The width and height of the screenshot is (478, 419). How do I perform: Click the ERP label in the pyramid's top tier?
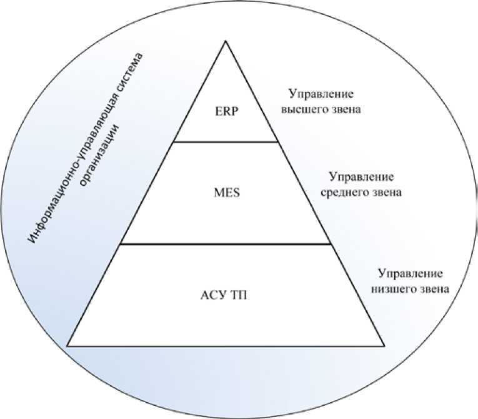point(225,114)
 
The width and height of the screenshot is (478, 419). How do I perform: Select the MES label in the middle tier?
point(225,192)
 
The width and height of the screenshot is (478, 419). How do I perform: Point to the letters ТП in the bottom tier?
point(239,295)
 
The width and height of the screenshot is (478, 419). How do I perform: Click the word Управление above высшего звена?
point(321,94)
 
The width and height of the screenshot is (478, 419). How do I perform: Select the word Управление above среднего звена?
point(361,177)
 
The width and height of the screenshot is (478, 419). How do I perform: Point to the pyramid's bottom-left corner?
point(68,345)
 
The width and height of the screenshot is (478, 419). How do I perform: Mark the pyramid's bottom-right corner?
point(383,345)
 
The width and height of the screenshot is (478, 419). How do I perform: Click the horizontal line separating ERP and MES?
point(225,141)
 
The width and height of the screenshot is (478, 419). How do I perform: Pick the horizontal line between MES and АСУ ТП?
point(225,244)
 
